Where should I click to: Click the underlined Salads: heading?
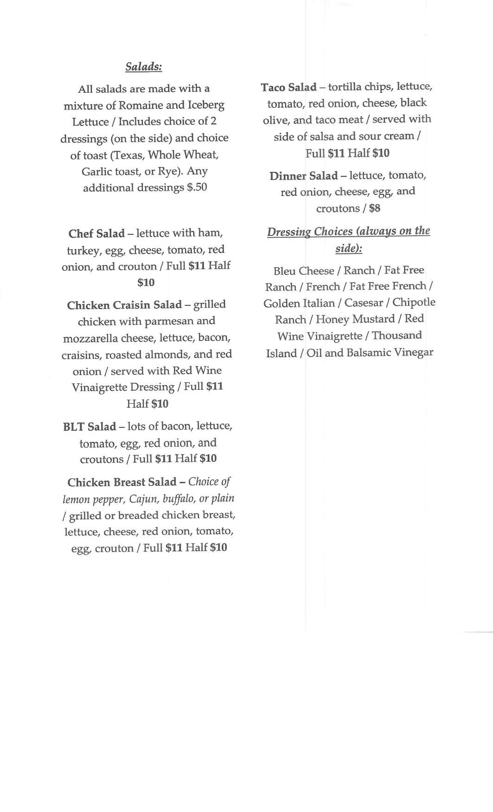(144, 67)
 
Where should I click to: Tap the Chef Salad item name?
(96, 233)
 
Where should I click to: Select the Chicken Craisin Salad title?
(124, 305)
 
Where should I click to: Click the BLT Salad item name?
(90, 427)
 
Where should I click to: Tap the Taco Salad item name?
(288, 87)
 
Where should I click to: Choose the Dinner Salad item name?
(304, 176)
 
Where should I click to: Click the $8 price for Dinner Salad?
(375, 208)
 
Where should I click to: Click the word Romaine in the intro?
(141, 105)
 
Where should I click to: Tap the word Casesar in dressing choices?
(364, 303)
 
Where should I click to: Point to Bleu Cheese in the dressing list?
(304, 271)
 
